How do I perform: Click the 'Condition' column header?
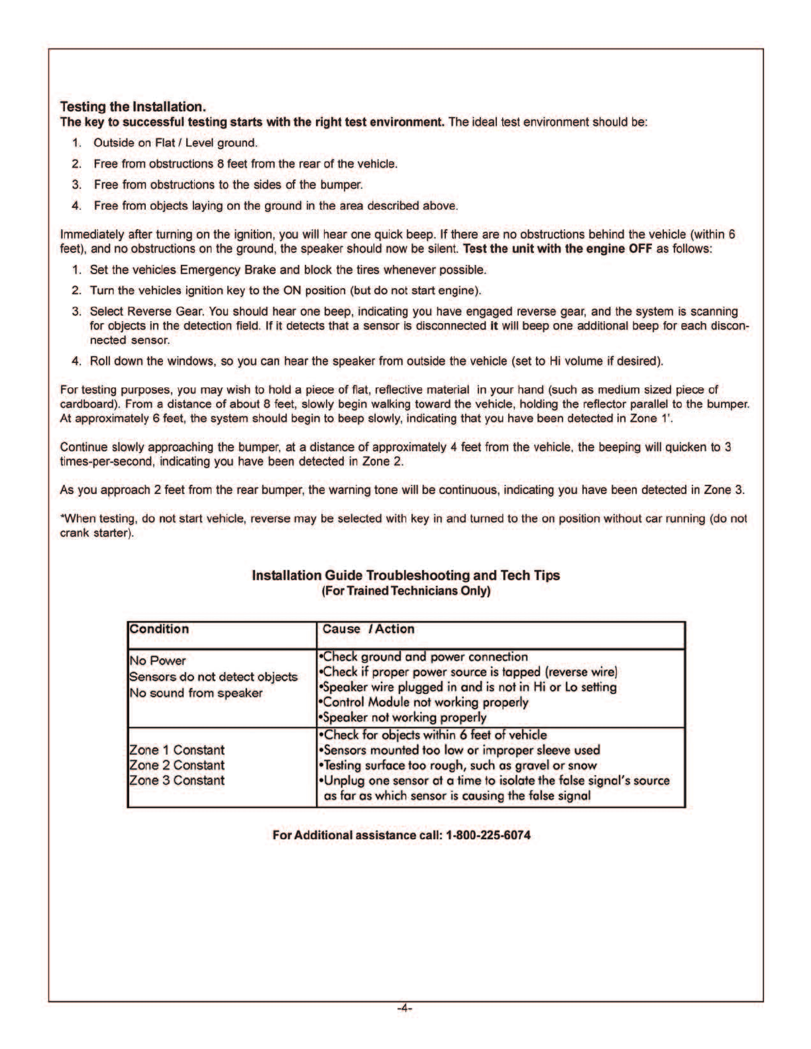[159, 629]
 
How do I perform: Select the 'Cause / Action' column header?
[368, 629]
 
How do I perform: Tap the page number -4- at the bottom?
[405, 1009]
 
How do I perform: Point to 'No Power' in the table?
[158, 661]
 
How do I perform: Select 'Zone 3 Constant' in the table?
[177, 780]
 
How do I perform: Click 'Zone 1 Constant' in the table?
[177, 750]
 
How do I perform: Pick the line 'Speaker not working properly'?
[403, 717]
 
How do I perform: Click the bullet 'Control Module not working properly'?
[424, 702]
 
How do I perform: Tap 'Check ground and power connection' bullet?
[424, 657]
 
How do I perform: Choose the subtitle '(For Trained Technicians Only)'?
[405, 591]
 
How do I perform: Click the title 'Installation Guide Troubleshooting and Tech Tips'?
[405, 575]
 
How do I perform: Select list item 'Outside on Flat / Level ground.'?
[176, 143]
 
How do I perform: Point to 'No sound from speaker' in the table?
[196, 693]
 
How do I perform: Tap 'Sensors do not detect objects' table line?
[213, 677]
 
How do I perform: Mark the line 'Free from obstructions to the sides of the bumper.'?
[229, 185]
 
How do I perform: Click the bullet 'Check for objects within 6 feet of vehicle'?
[433, 735]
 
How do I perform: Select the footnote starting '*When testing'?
[404, 526]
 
